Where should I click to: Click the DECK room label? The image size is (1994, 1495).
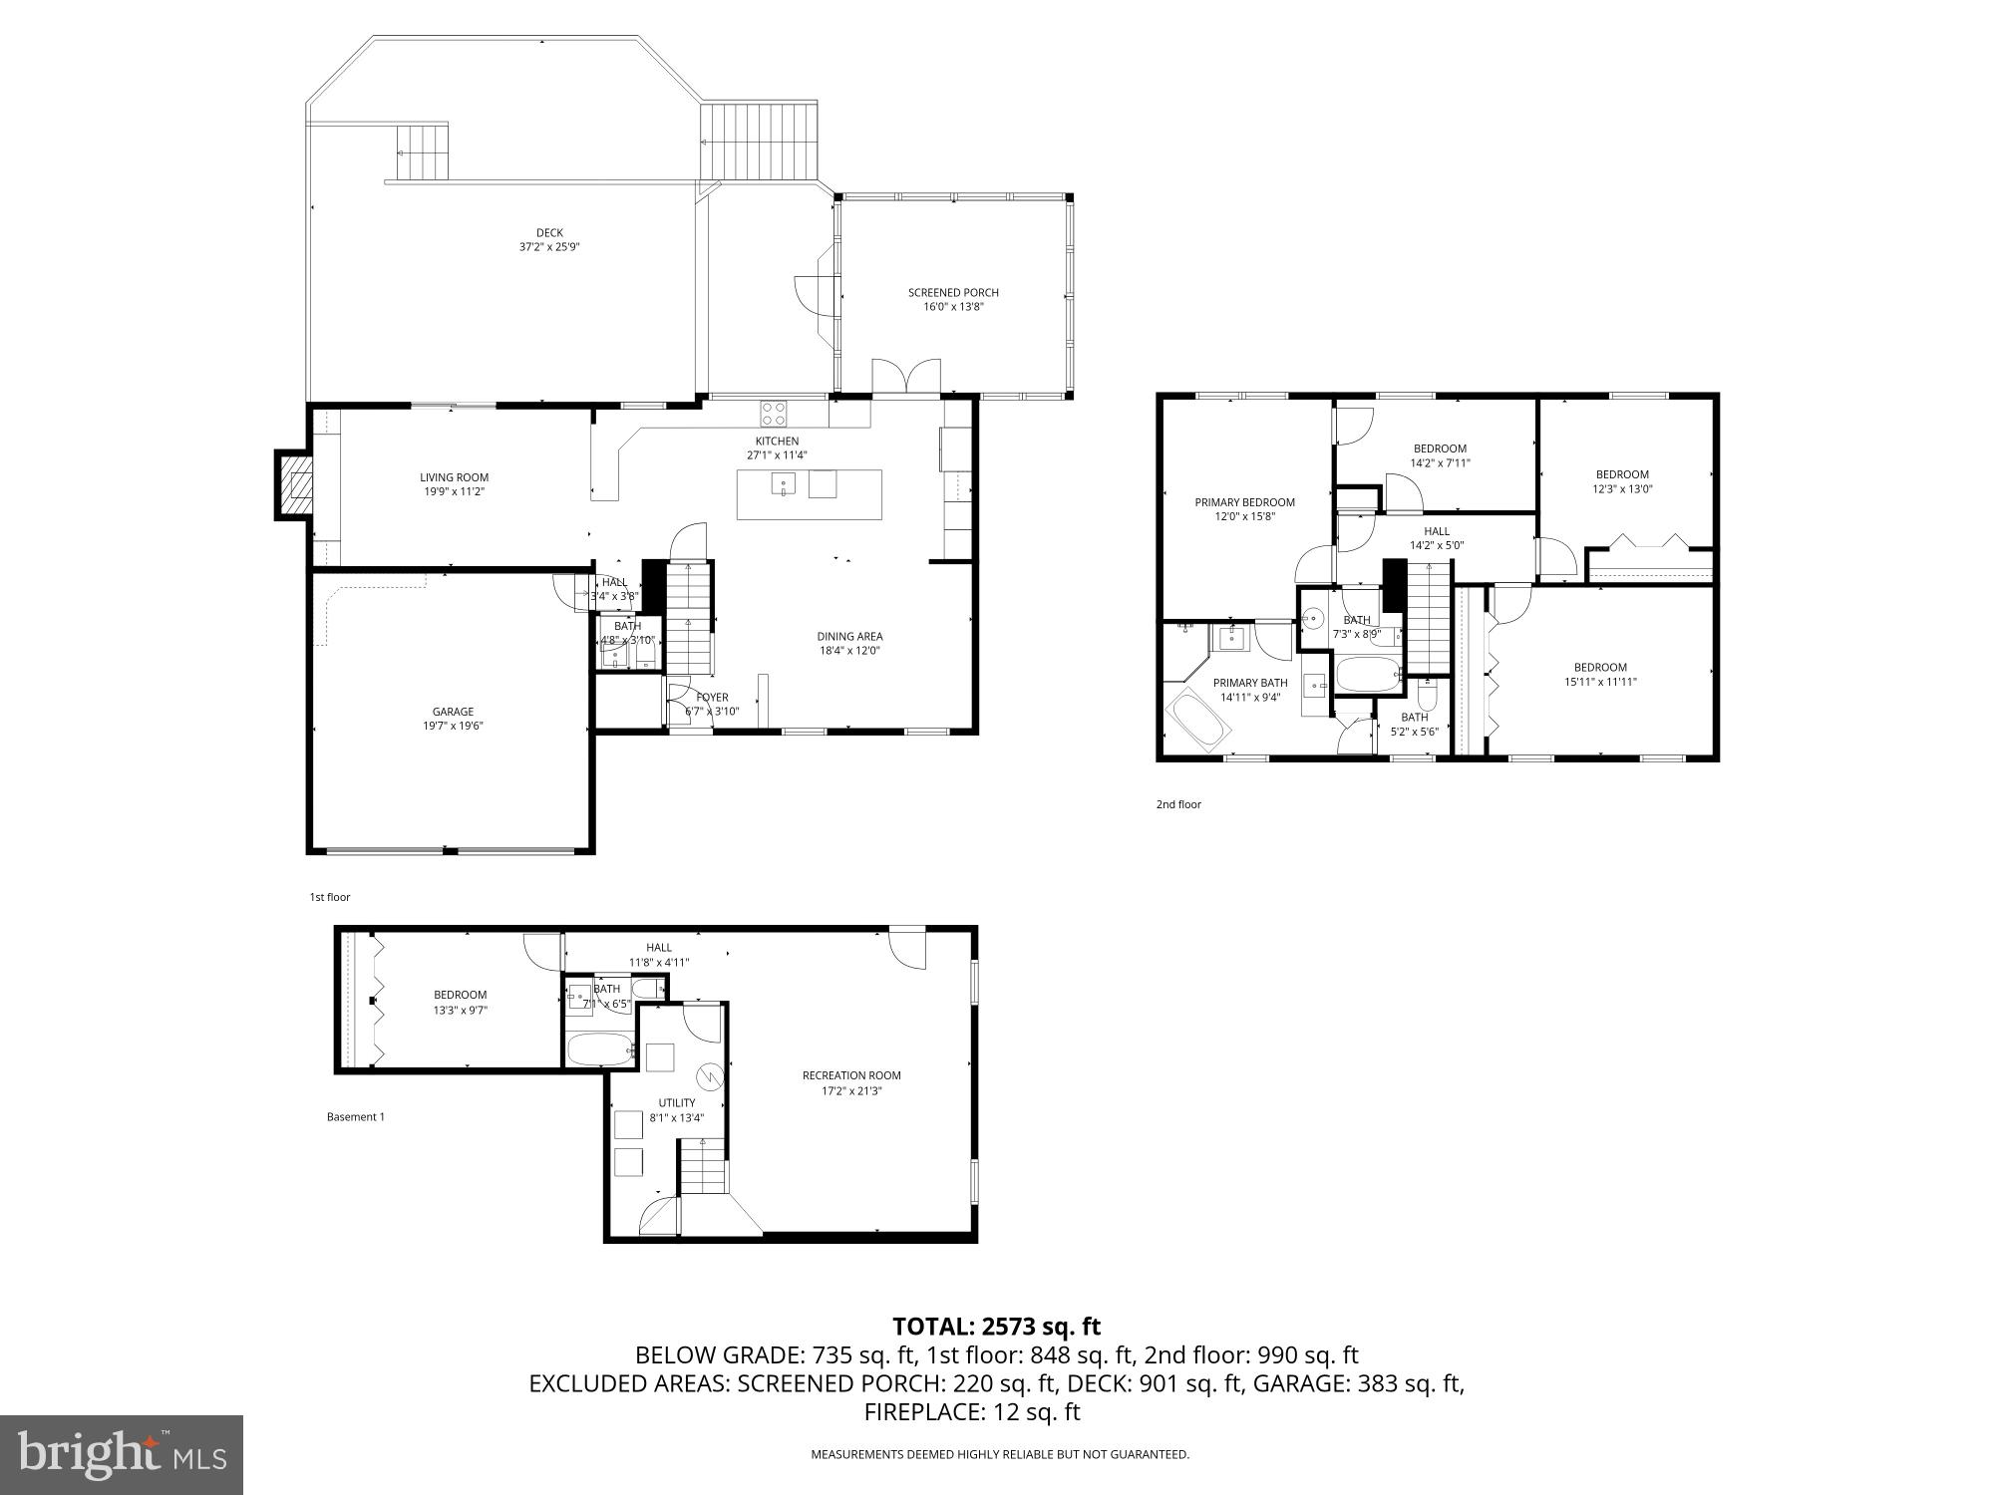pyautogui.click(x=549, y=233)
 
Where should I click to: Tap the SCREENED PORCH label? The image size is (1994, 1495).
pyautogui.click(x=953, y=293)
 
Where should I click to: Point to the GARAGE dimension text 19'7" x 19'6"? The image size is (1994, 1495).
pyautogui.click(x=452, y=726)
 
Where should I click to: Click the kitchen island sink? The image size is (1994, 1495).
pyautogui.click(x=783, y=485)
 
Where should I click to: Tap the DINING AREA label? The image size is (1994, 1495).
pyautogui.click(x=849, y=637)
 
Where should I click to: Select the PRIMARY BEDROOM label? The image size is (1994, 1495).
pyautogui.click(x=1244, y=502)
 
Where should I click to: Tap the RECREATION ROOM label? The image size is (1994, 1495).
pyautogui.click(x=851, y=1075)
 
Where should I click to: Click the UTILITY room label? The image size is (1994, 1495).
pyautogui.click(x=676, y=1103)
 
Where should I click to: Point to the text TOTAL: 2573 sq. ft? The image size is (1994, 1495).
pyautogui.click(x=996, y=1327)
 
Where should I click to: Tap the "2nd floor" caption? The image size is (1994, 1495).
pyautogui.click(x=1178, y=804)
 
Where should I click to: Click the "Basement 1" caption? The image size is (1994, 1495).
pyautogui.click(x=355, y=1117)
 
